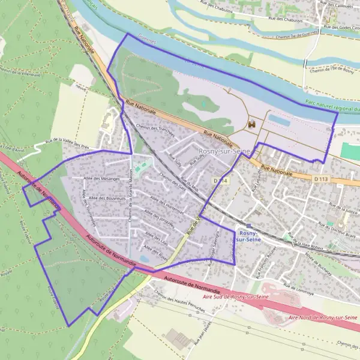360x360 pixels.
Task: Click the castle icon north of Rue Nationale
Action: [x=251, y=124]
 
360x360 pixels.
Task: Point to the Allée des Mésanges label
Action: [x=101, y=179]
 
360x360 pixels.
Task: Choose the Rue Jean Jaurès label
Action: [x=193, y=334]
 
